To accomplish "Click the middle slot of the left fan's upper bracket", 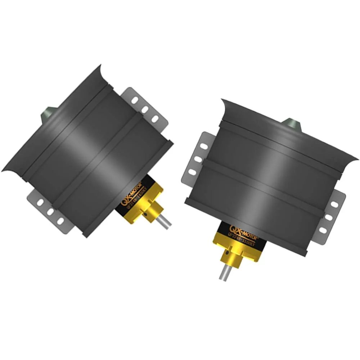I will (x=145, y=109).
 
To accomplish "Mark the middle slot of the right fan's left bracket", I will (x=198, y=159).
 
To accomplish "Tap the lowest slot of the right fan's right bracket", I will (x=323, y=230).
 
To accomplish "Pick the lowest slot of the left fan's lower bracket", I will (x=60, y=220).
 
